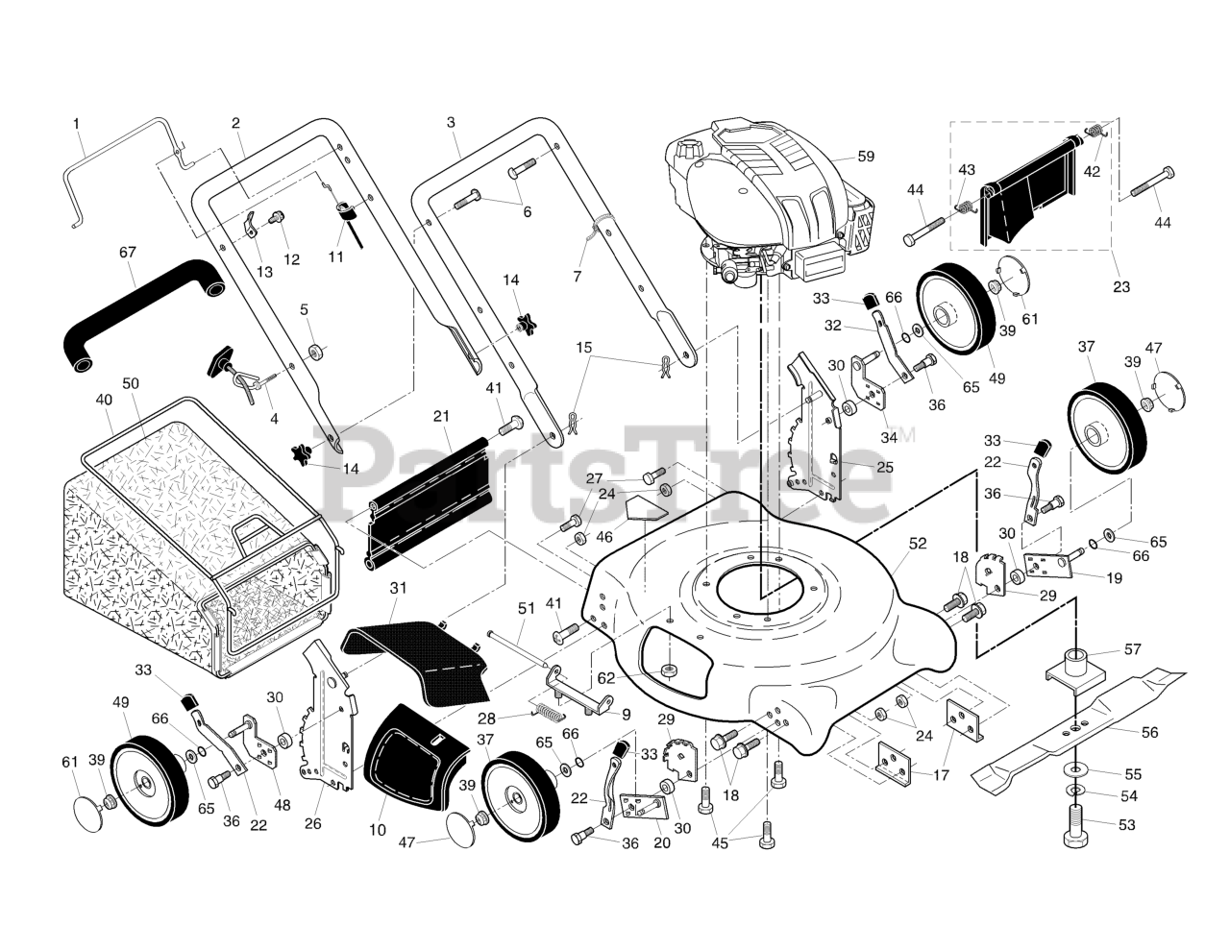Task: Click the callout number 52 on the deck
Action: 917,543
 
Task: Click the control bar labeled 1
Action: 130,170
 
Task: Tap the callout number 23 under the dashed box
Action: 1121,286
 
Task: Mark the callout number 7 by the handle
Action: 577,277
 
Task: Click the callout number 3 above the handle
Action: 451,122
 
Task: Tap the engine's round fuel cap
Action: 689,150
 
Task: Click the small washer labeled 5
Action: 313,352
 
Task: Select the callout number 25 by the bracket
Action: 885,468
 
